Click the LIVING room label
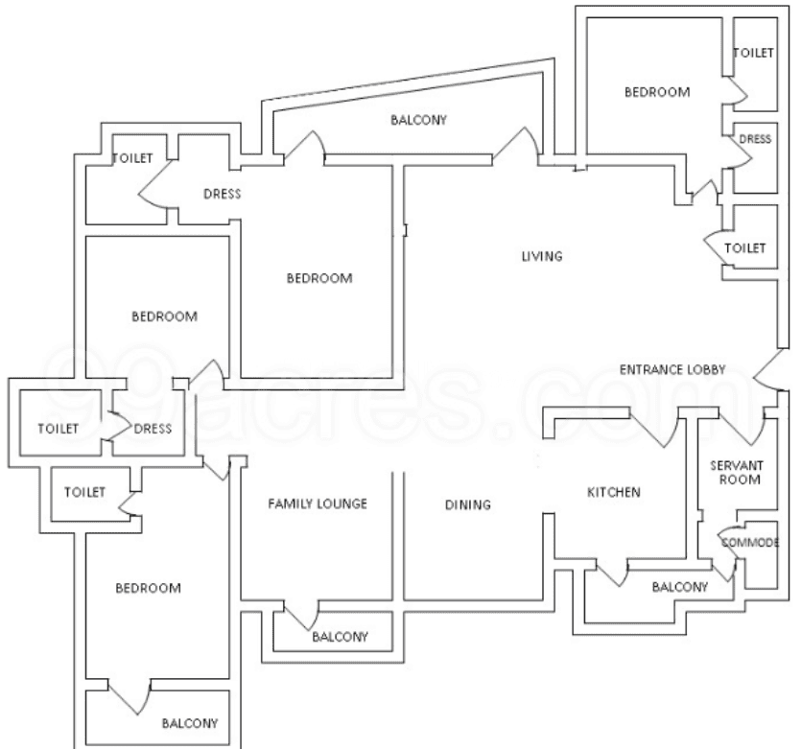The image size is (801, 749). point(541,257)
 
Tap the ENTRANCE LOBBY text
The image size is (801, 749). point(671,369)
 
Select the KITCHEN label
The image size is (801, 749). point(613,493)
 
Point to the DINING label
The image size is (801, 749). point(469,504)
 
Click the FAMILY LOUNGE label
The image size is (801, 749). point(318,503)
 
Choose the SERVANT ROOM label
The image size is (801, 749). point(735,472)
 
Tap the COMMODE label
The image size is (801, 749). point(750,543)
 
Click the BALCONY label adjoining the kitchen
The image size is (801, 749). point(679,587)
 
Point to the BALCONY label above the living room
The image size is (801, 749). point(418,120)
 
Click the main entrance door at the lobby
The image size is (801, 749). point(766,370)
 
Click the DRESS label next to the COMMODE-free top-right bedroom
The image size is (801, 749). point(755,139)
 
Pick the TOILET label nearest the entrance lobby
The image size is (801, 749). point(745,247)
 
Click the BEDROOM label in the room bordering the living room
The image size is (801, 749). point(319,279)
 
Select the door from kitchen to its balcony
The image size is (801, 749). point(610,573)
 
